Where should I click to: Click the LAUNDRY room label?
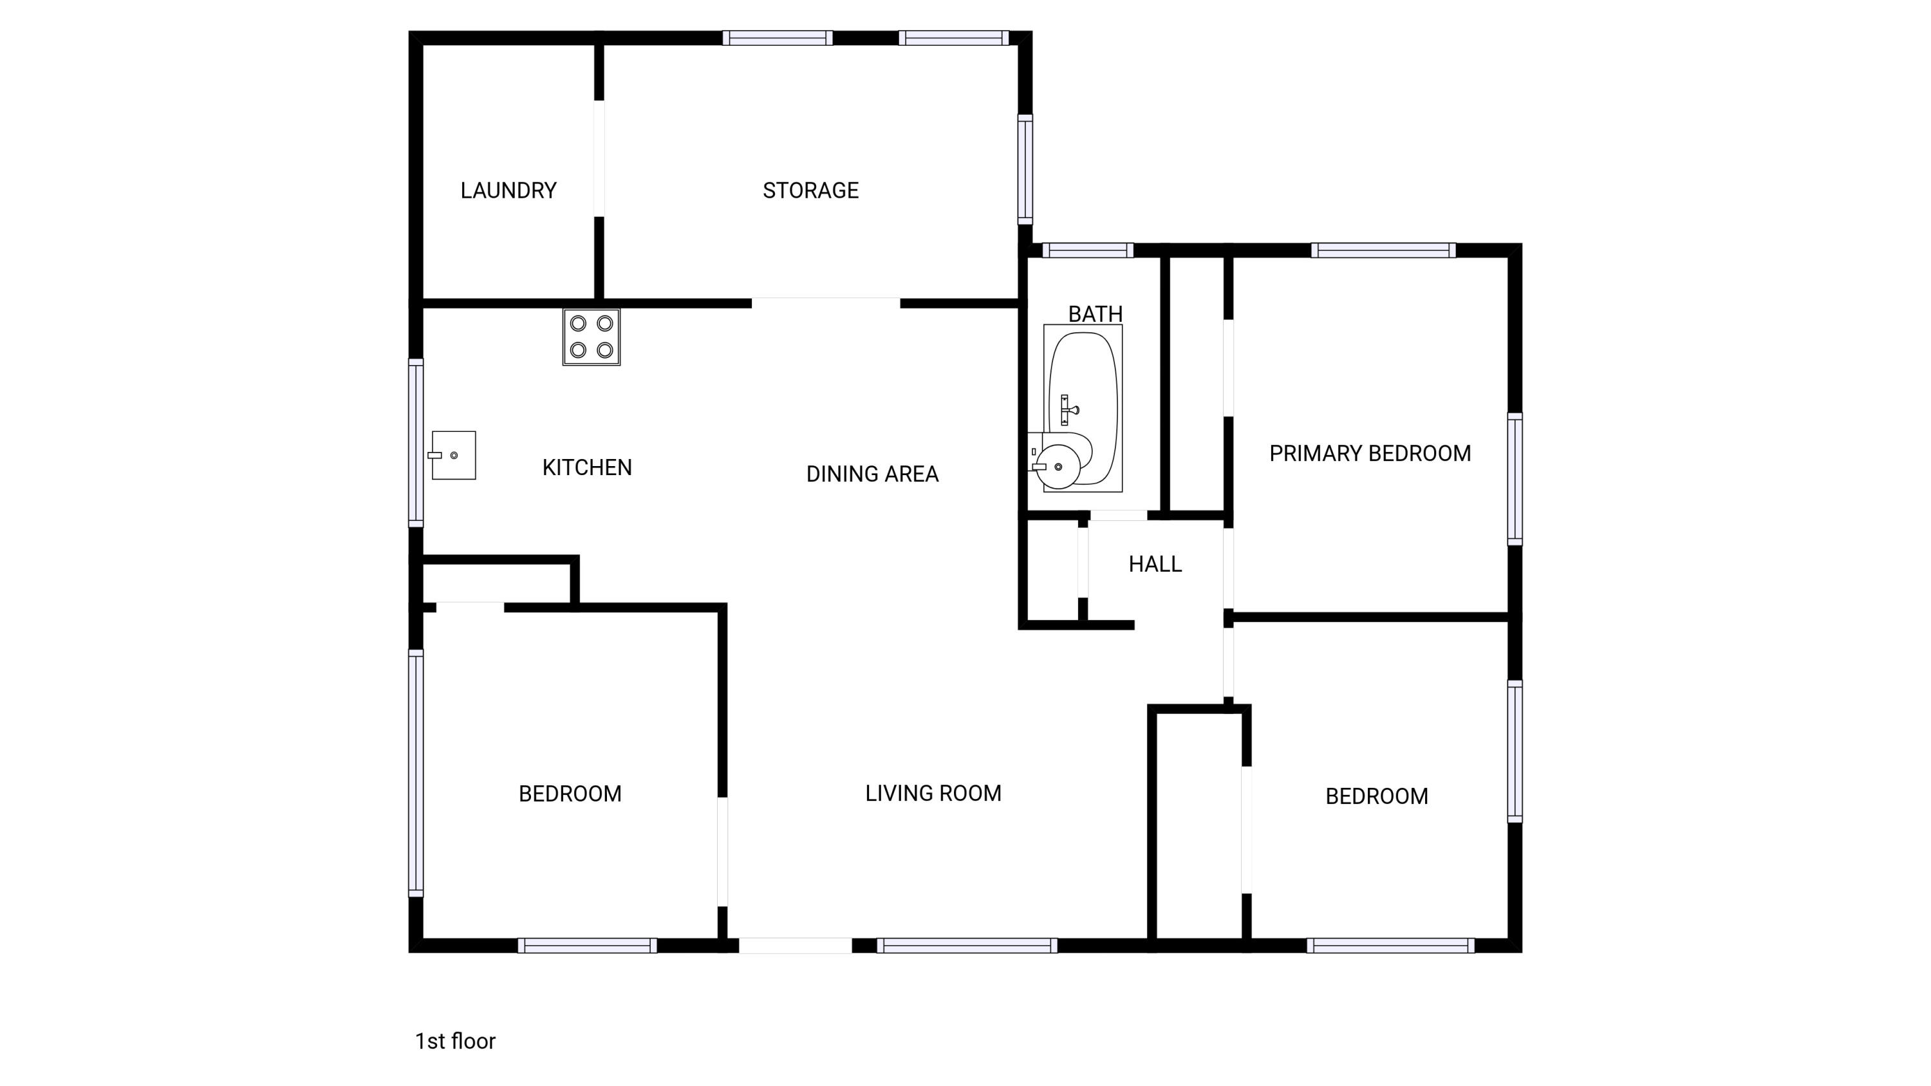click(x=508, y=191)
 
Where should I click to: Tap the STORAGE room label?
click(x=810, y=191)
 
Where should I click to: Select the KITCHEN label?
click(x=587, y=467)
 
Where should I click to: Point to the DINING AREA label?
click(x=872, y=474)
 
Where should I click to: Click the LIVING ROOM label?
click(x=933, y=793)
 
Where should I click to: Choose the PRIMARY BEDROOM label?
click(x=1370, y=453)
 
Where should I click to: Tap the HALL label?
click(x=1155, y=564)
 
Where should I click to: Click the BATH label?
click(x=1094, y=314)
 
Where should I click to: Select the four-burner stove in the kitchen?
click(x=592, y=337)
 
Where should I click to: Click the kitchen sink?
click(x=454, y=455)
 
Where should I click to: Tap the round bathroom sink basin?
click(x=1058, y=466)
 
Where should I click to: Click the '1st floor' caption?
click(x=455, y=1041)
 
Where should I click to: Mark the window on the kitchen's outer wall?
click(x=415, y=442)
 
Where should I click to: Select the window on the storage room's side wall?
click(x=1025, y=169)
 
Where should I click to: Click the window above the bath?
click(x=1087, y=250)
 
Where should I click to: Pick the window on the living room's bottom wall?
click(x=967, y=945)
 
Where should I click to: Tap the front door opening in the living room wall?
click(x=796, y=945)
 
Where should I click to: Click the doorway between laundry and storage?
click(x=599, y=158)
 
